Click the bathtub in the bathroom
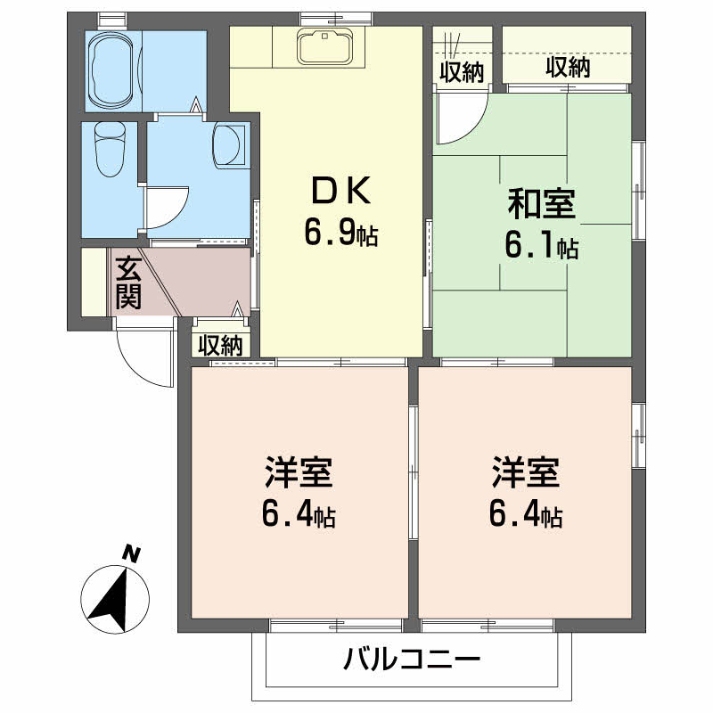coord(112,67)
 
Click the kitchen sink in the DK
coord(325,46)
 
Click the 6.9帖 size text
coord(341,234)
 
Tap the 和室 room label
coord(541,204)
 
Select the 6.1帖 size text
coord(541,246)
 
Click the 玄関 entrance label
coord(129,283)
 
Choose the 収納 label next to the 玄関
coord(220,345)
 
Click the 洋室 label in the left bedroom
coord(299,473)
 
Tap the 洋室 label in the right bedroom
coord(526,473)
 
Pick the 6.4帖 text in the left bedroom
coord(299,514)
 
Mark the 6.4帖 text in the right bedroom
coord(526,514)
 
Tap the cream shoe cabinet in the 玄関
coord(94,282)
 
